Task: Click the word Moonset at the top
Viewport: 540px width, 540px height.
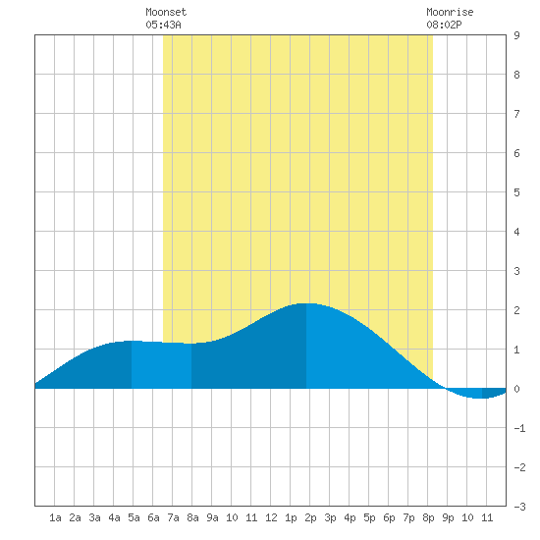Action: (x=166, y=12)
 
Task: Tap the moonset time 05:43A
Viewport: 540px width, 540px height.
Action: (x=163, y=25)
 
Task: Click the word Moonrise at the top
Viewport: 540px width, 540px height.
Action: (x=450, y=12)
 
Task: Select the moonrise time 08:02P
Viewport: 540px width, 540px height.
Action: (x=444, y=25)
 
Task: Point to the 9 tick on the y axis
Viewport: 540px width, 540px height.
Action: (x=516, y=35)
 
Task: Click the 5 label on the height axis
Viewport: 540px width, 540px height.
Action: (x=516, y=192)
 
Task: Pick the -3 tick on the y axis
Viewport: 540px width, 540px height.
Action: (x=519, y=507)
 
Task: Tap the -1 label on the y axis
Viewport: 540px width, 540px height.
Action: (x=519, y=428)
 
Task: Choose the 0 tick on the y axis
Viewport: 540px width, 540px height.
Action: (x=516, y=389)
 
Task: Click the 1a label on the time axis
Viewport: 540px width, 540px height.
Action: (x=55, y=517)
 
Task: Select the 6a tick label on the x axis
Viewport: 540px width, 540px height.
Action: (x=153, y=517)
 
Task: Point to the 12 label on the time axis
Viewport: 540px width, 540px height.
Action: (x=271, y=517)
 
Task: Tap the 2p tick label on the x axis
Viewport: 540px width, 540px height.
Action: (x=310, y=517)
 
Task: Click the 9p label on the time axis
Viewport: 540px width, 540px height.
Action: (x=448, y=517)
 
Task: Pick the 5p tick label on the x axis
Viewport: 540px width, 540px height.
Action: (x=369, y=517)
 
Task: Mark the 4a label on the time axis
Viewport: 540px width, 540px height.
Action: (x=114, y=517)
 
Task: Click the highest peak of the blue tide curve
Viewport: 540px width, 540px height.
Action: (x=306, y=303)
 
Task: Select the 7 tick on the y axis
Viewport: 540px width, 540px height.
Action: (x=516, y=114)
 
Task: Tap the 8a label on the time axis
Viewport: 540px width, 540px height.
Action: (x=192, y=517)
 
